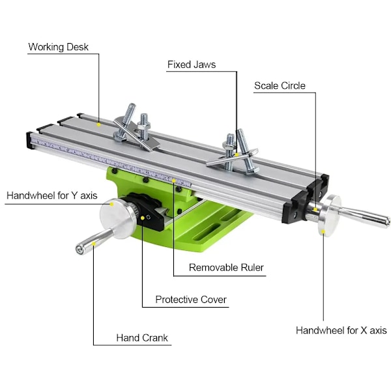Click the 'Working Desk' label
(x=59, y=47)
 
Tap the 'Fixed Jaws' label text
(x=192, y=65)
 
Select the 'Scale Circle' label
(x=280, y=86)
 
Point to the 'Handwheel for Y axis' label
(x=52, y=195)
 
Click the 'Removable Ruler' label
(x=226, y=268)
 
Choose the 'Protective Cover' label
(x=191, y=300)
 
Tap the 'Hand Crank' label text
(x=142, y=338)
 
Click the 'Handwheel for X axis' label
(x=341, y=330)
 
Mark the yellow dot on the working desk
(x=99, y=124)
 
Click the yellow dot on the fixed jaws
(x=237, y=154)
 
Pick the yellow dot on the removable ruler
(x=174, y=181)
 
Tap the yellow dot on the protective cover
(x=142, y=218)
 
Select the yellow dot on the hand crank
(x=93, y=244)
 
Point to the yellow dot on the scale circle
(x=315, y=209)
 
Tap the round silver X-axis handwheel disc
(x=330, y=216)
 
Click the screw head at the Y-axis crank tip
(x=80, y=250)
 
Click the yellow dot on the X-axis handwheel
(x=323, y=231)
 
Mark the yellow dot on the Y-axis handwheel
(x=111, y=204)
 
